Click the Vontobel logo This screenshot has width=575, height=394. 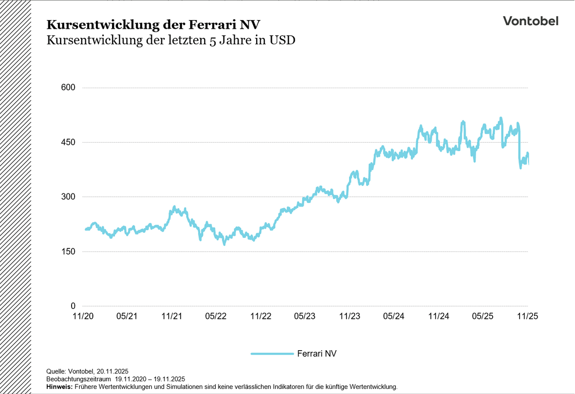pos(530,21)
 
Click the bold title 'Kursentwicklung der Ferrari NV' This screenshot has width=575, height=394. pos(153,25)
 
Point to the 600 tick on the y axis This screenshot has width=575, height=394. pos(68,88)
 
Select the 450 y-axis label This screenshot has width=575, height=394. pos(68,143)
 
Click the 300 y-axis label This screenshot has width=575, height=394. pos(68,197)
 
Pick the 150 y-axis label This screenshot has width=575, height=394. pos(68,251)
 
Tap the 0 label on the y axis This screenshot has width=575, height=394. pos(73,306)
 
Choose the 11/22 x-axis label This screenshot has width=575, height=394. pos(260,316)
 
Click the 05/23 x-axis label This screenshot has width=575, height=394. pos(305,316)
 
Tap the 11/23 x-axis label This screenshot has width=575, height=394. pos(350,316)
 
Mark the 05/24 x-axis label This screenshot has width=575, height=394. pos(394,316)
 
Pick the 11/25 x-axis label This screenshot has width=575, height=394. pos(528,316)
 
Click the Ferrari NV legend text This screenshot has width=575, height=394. pos(317,354)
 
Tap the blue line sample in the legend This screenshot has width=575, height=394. pos(272,354)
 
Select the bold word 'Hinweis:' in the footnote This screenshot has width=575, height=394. pos(60,387)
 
